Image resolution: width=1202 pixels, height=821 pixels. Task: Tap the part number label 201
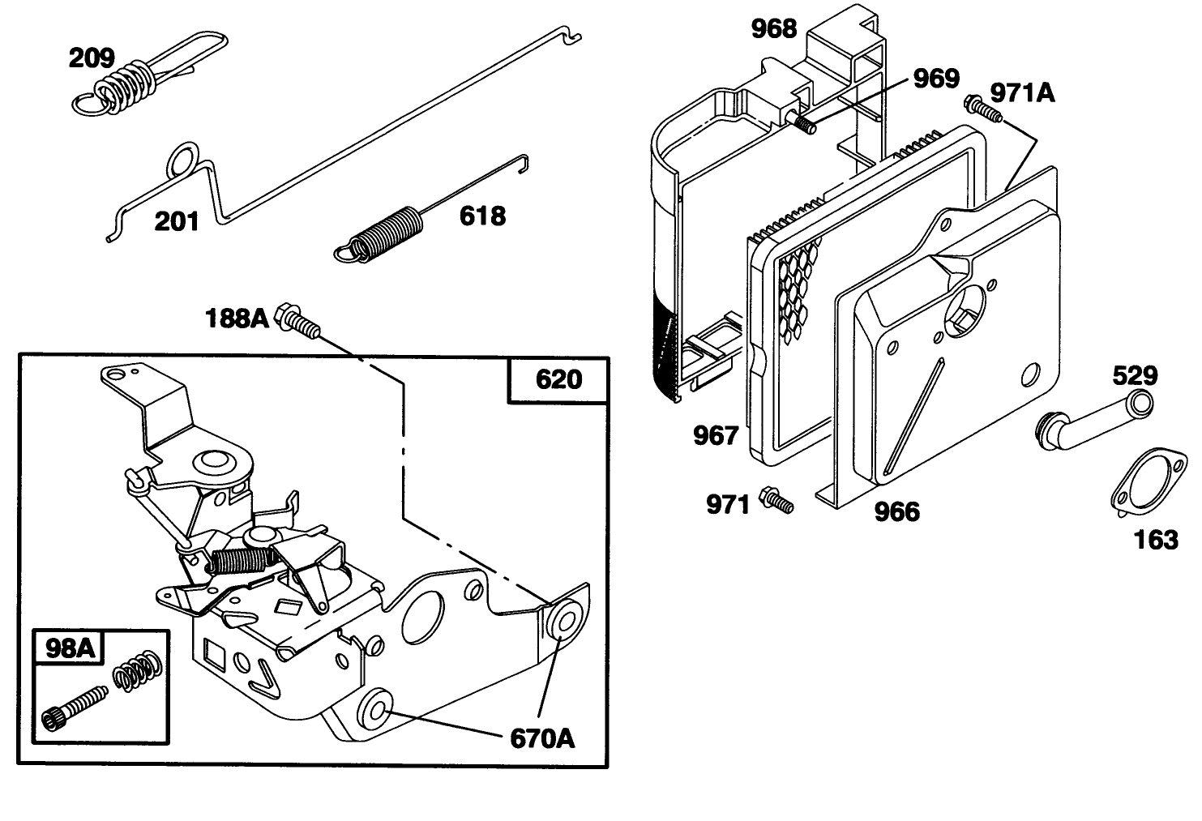(177, 220)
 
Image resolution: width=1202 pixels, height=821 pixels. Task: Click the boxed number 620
(558, 378)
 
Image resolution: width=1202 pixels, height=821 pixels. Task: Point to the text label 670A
(542, 738)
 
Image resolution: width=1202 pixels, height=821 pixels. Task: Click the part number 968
(774, 28)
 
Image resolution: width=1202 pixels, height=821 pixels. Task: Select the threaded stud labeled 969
(802, 122)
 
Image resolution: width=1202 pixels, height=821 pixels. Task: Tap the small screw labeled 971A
(981, 109)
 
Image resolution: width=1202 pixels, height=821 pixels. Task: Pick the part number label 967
(716, 435)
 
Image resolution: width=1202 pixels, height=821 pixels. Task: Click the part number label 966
(897, 511)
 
